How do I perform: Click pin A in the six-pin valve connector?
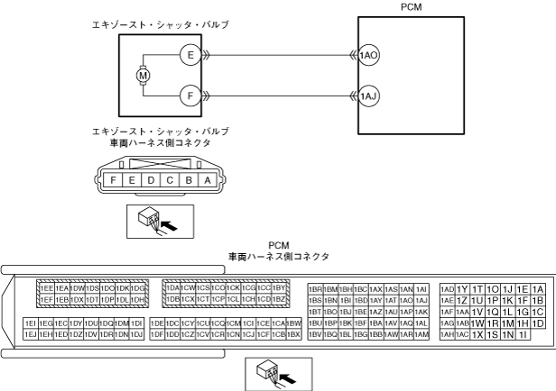tap(208, 179)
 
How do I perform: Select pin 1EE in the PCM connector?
tap(47, 288)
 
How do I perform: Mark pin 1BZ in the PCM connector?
tap(279, 299)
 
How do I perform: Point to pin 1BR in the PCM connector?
tap(315, 288)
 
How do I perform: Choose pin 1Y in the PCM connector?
tap(463, 288)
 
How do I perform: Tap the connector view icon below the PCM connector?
tap(278, 370)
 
